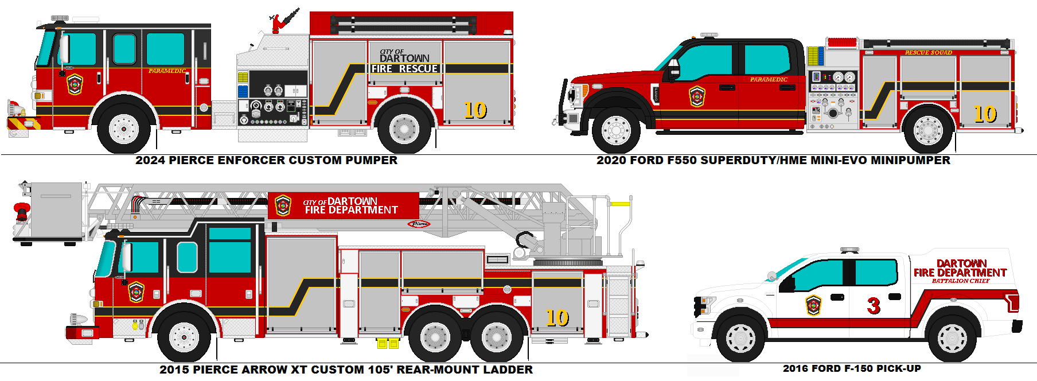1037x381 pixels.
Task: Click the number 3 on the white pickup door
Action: click(874, 306)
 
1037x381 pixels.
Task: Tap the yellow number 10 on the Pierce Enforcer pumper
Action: click(475, 110)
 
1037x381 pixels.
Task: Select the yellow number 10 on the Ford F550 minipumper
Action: click(985, 114)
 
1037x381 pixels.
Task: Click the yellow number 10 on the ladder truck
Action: click(557, 317)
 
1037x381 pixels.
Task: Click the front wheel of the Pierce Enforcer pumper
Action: click(124, 129)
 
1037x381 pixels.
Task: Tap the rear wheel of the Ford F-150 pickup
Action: click(952, 338)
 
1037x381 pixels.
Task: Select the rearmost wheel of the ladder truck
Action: click(497, 336)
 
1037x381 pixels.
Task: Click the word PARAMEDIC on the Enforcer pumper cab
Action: click(167, 71)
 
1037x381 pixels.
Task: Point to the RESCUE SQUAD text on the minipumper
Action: click(928, 53)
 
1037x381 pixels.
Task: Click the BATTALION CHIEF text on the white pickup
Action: click(960, 281)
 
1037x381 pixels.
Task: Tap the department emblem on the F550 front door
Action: click(697, 96)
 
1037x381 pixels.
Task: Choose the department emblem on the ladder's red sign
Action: click(283, 205)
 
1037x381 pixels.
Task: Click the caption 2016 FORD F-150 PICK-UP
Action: click(852, 369)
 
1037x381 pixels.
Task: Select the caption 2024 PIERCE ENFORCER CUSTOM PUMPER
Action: click(266, 161)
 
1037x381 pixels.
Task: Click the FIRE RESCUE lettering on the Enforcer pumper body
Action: click(404, 69)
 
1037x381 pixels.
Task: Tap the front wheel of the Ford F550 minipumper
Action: click(616, 130)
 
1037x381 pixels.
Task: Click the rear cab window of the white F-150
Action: click(876, 272)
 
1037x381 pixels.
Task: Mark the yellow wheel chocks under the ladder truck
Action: click(388, 344)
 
